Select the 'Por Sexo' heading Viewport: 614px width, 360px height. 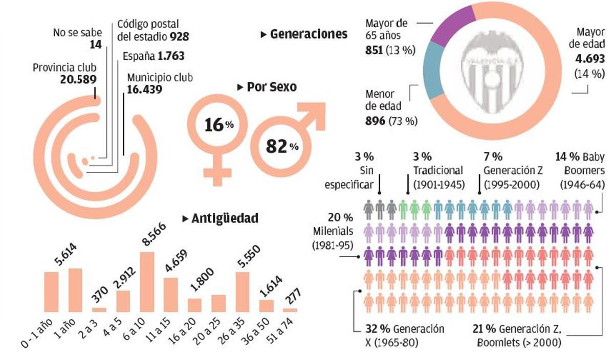(x=271, y=87)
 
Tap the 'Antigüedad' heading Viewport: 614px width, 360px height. (x=224, y=218)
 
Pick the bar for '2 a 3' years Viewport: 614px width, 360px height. (x=99, y=309)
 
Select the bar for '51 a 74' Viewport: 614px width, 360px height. (x=290, y=310)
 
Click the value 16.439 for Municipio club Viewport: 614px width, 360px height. (x=145, y=89)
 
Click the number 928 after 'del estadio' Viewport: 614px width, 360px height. (x=180, y=37)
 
